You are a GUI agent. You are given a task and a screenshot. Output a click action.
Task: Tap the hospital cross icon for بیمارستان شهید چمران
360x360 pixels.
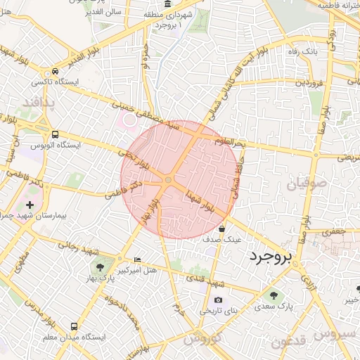[30, 204]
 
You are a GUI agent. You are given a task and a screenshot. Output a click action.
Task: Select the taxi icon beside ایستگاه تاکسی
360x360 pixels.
[55, 72]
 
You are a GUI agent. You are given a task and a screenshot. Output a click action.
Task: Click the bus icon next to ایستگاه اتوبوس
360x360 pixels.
[55, 134]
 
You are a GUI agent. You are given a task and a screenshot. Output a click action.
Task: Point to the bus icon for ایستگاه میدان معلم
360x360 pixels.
[75, 327]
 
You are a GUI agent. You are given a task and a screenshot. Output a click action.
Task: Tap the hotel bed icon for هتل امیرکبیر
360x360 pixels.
[136, 259]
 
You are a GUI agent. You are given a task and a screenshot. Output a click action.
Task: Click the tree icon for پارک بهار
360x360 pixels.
[99, 267]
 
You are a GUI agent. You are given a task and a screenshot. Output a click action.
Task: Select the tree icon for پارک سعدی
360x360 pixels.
[273, 295]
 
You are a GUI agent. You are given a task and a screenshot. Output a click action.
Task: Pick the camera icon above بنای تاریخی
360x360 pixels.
[218, 300]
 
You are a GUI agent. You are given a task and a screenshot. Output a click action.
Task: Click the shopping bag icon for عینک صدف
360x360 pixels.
[222, 229]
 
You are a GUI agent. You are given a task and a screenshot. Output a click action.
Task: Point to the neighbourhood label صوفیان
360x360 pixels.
[307, 184]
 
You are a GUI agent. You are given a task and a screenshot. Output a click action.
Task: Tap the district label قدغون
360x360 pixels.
[289, 342]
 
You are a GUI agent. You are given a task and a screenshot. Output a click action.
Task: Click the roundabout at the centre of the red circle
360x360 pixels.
[168, 181]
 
